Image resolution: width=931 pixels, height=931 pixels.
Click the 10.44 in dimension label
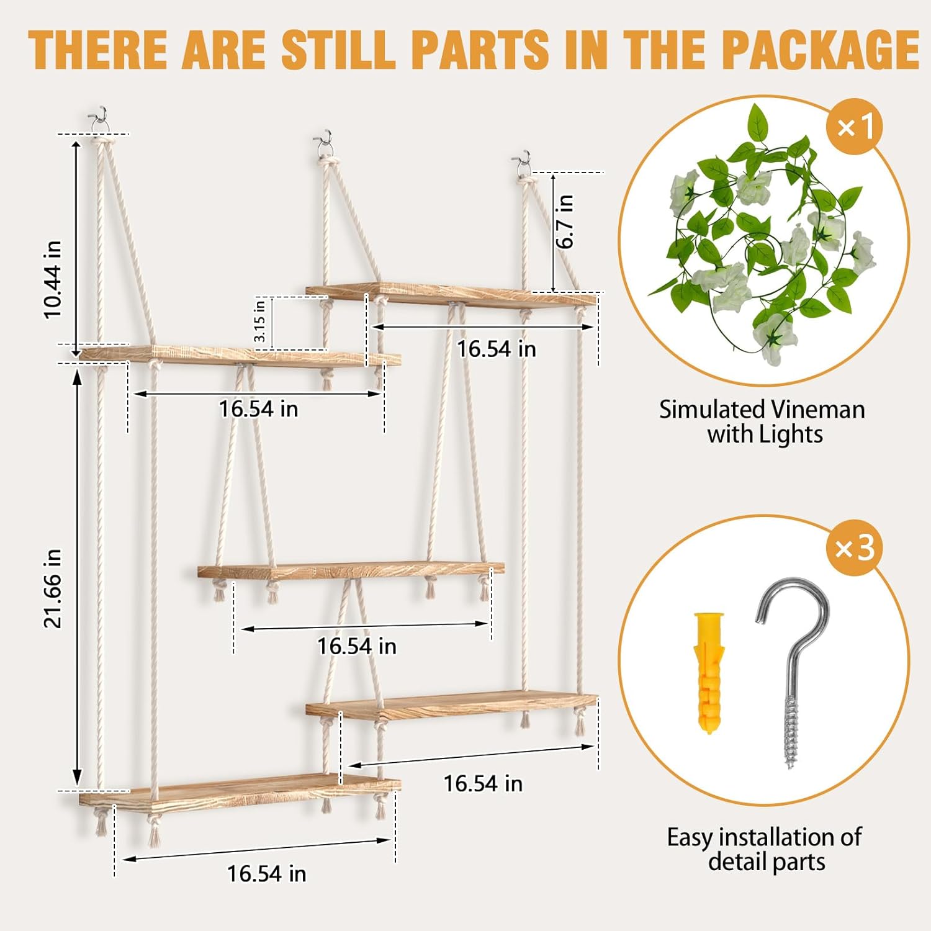[x=53, y=279]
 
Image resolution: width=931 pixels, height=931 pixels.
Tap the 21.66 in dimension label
[x=53, y=588]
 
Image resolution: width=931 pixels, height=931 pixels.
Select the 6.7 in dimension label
[x=565, y=221]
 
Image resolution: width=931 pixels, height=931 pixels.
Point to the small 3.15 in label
[x=260, y=320]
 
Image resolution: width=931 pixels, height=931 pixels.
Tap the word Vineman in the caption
[x=816, y=410]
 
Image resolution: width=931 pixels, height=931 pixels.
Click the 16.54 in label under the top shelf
[x=496, y=349]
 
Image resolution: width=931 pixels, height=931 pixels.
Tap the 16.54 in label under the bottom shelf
[x=266, y=873]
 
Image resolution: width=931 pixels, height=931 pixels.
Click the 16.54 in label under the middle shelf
[x=356, y=646]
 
